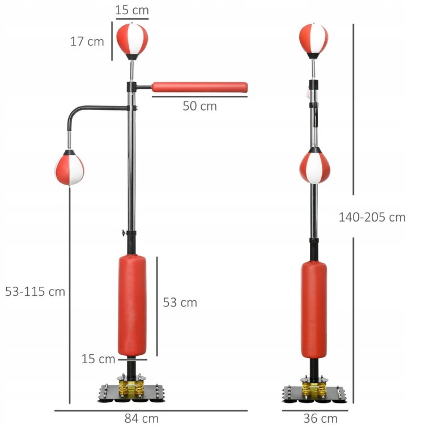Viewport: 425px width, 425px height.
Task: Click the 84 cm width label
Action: (142, 418)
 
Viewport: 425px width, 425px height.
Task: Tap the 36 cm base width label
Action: (320, 418)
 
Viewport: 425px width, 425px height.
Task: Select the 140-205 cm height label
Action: (372, 217)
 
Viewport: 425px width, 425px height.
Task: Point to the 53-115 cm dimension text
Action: (35, 291)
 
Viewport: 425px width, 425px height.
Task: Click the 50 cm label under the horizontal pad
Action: (200, 106)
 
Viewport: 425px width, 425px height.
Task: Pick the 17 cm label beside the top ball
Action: (87, 41)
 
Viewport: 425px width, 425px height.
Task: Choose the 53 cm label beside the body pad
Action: (180, 302)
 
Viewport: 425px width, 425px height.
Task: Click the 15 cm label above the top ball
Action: (132, 10)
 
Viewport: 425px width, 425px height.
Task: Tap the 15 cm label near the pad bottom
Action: (99, 359)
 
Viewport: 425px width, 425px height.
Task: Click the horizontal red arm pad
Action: (199, 87)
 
